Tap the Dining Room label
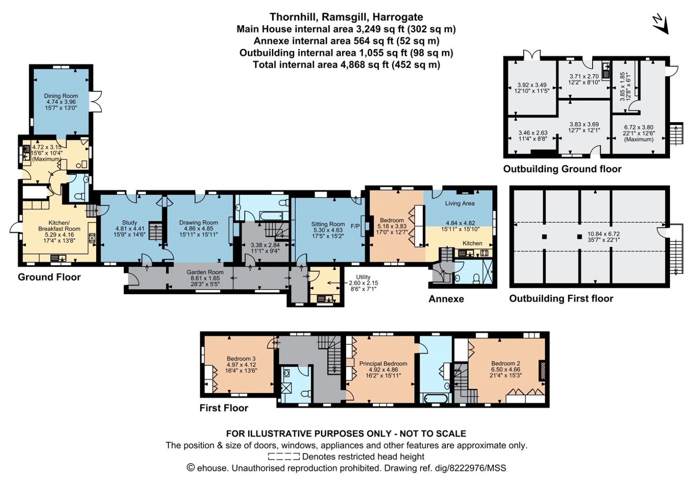[61, 96]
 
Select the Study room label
[129, 222]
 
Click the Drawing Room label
[199, 222]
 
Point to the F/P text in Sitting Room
[355, 226]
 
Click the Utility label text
[363, 277]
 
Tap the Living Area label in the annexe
[460, 204]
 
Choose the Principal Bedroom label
[384, 363]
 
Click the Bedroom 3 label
[241, 359]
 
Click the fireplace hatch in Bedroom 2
[542, 370]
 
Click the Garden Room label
[205, 272]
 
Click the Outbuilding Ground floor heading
[562, 169]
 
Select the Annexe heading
[446, 299]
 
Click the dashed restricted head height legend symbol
[284, 456]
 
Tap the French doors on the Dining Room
[97, 101]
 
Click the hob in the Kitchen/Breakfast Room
[92, 238]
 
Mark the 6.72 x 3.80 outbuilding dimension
[639, 127]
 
